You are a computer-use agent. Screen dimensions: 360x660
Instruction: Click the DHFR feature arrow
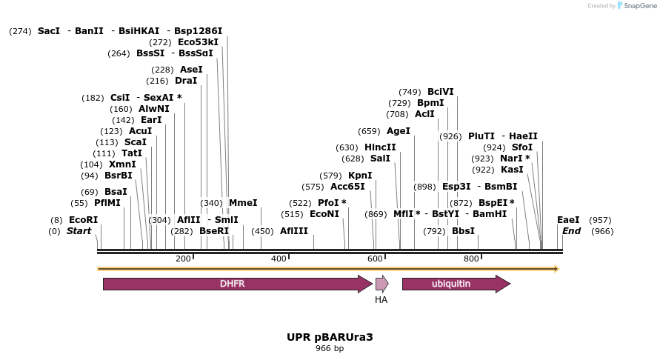(x=237, y=284)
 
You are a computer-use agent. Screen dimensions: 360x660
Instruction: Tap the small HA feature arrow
(x=381, y=284)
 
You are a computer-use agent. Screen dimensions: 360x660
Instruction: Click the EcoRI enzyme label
(x=83, y=220)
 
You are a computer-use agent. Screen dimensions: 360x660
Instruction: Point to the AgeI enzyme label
(x=399, y=131)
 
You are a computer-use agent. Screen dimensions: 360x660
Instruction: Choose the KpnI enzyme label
(x=360, y=176)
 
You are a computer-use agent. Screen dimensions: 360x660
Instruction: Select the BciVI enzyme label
(x=441, y=92)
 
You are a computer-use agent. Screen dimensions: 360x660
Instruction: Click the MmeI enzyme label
(x=243, y=203)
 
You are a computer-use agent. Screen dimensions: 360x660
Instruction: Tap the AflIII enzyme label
(x=294, y=231)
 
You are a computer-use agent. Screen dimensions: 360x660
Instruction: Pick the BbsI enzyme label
(x=463, y=231)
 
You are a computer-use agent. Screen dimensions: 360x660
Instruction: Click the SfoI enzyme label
(x=522, y=147)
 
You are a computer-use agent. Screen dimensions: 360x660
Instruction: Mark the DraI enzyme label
(x=186, y=81)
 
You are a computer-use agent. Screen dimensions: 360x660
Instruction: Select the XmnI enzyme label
(x=122, y=164)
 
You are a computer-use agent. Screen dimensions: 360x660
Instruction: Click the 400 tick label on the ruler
(x=279, y=259)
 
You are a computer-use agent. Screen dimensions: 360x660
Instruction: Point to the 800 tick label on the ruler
(x=471, y=259)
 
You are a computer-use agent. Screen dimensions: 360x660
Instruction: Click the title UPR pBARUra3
(x=330, y=337)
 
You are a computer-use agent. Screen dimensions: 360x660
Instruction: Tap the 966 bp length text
(x=330, y=348)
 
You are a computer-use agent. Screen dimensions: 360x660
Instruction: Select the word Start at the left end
(x=79, y=231)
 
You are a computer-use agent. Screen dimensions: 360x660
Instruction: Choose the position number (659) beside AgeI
(x=369, y=131)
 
